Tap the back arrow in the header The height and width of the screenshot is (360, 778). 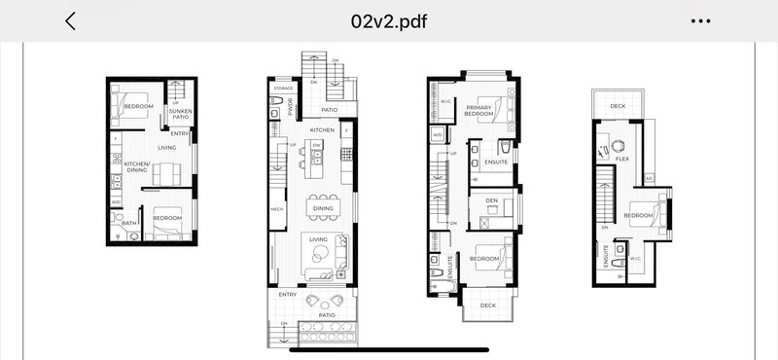70,21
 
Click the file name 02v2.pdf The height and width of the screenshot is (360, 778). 389,21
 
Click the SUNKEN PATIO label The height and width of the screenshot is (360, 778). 180,115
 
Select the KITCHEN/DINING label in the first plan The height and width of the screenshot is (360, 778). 136,166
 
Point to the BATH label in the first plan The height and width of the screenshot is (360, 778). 129,223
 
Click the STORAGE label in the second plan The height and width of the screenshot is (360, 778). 283,89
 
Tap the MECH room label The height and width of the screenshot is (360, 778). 277,208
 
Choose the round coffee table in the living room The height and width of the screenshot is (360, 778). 317,256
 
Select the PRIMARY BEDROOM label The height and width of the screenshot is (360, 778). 480,111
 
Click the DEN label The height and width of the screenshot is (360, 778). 492,201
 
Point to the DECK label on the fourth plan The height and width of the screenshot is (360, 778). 618,106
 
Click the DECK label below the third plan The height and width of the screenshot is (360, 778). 487,306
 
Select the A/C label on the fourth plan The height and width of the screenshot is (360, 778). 648,178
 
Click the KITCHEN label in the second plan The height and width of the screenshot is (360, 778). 322,129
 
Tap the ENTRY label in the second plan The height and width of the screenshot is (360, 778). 288,293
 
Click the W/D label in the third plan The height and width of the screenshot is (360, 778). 438,134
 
